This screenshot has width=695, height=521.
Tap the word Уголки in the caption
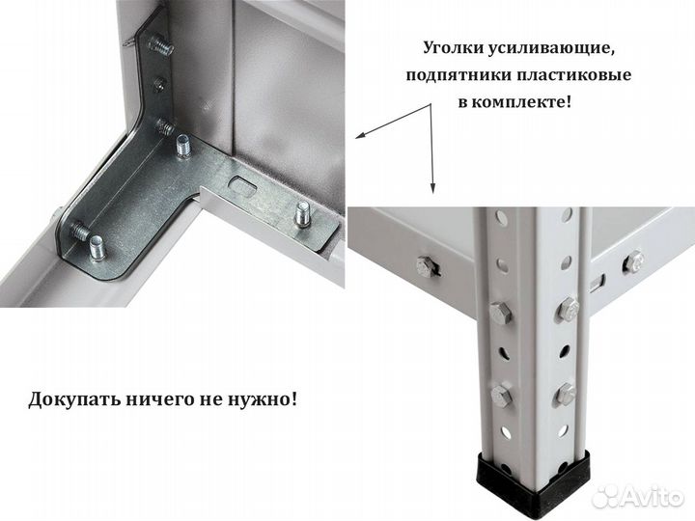coord(456,47)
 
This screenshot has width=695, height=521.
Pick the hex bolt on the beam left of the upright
coord(426,267)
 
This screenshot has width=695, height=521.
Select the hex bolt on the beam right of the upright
coord(633,261)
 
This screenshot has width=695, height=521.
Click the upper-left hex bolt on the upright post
coord(500,314)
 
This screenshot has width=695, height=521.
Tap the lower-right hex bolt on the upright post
coord(566,393)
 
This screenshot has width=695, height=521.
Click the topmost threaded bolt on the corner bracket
coord(160,44)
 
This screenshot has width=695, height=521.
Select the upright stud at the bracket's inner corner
coord(182,146)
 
